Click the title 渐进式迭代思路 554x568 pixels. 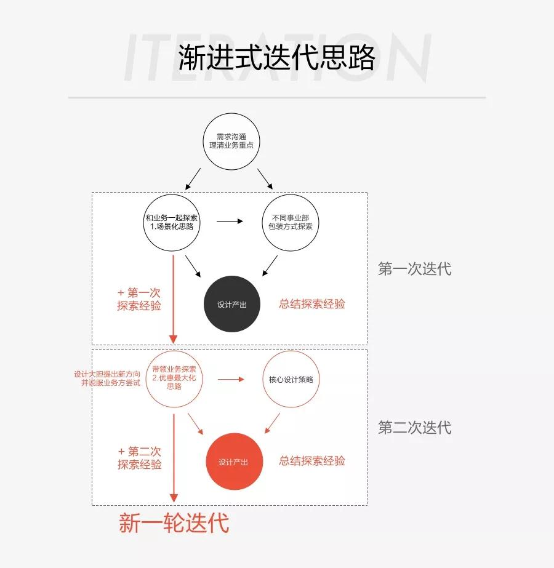(276, 58)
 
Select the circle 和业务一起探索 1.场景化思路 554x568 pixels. (172, 222)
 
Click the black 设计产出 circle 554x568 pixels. (232, 304)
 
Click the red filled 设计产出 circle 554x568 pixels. (233, 462)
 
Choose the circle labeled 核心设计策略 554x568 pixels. (291, 379)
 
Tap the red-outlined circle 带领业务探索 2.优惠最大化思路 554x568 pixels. (174, 378)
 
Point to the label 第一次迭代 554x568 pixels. (414, 269)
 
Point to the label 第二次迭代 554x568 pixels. (414, 428)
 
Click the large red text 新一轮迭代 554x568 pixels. (174, 523)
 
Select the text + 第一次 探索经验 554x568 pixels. (139, 299)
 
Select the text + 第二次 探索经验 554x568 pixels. (140, 458)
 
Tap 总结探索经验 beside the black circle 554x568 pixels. (312, 304)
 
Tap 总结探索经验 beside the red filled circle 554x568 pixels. (312, 461)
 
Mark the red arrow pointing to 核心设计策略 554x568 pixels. (231, 379)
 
